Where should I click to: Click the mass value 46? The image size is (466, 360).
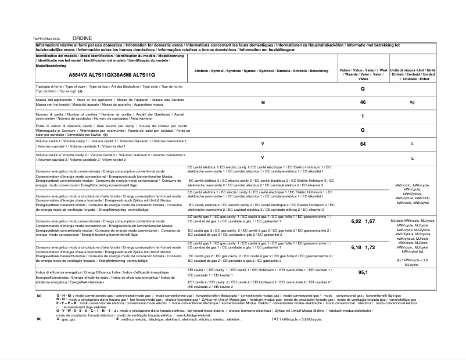[x=363, y=102]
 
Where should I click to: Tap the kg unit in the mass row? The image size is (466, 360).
[x=412, y=102]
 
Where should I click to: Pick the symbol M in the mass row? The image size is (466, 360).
[x=263, y=102]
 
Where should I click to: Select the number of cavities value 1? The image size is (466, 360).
[x=363, y=116]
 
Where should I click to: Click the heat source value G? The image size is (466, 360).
[x=363, y=130]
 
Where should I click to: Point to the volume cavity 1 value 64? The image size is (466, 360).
[x=363, y=143]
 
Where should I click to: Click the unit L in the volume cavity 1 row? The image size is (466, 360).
[x=412, y=143]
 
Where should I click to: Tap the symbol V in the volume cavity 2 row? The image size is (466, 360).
[x=263, y=157]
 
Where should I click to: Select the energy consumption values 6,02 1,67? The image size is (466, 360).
[x=363, y=222]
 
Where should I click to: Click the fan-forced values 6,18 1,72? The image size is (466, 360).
[x=363, y=247]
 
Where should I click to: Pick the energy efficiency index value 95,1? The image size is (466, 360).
[x=363, y=272]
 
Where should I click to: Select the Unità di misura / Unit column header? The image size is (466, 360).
[x=413, y=74]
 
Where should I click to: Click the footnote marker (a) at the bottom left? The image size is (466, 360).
[x=39, y=296]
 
